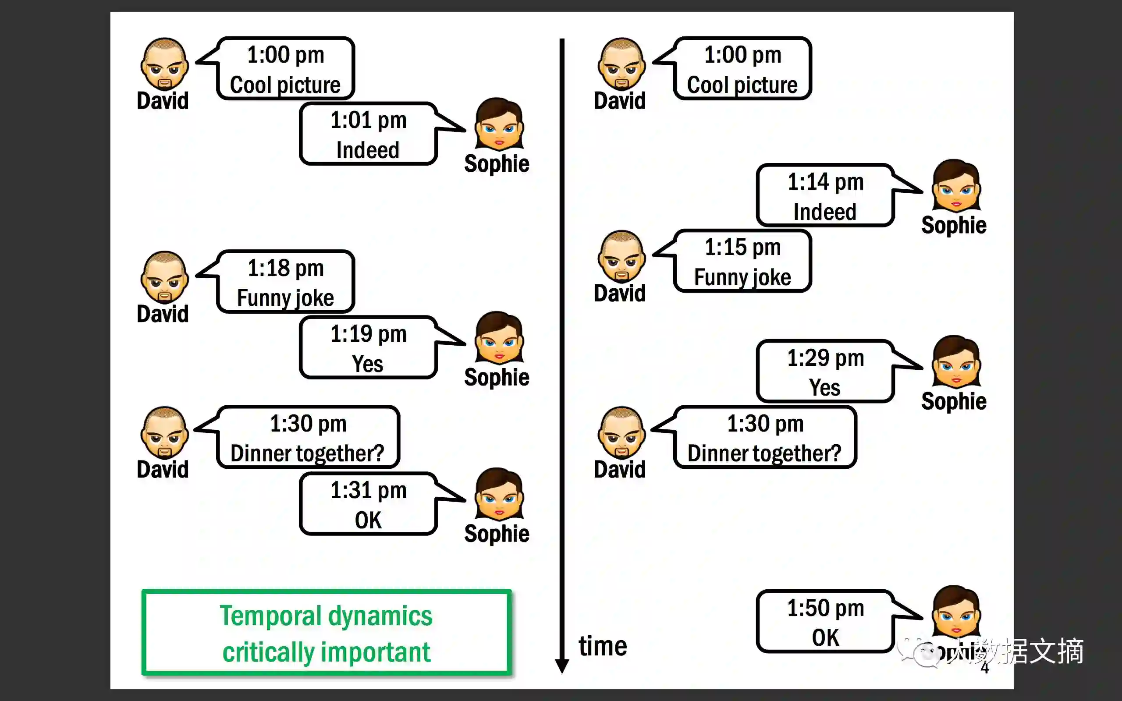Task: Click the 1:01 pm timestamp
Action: (368, 120)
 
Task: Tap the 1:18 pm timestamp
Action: (285, 269)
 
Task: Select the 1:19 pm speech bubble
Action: (368, 348)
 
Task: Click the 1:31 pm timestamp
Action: (368, 491)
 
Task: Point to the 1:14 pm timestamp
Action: (825, 182)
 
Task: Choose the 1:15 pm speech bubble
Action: (742, 262)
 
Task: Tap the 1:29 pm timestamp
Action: (825, 358)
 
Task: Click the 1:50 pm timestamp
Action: (825, 608)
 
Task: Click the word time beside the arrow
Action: (602, 646)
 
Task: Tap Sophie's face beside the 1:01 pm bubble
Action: (499, 124)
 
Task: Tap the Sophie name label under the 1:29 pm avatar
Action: (954, 401)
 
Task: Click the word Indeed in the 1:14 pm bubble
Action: (824, 212)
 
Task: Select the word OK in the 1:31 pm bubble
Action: (368, 520)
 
